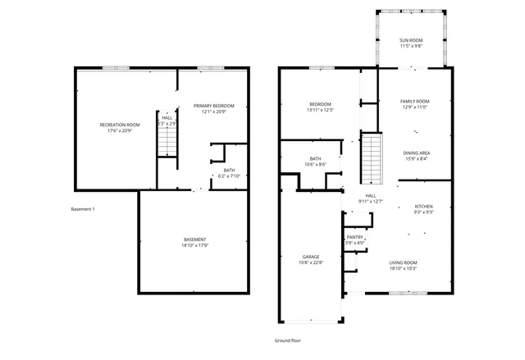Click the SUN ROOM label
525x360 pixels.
point(411,41)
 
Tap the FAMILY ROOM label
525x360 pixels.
point(415,102)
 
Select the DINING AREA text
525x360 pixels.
point(416,153)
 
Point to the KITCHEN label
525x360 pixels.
point(423,206)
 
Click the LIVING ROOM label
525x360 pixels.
point(403,262)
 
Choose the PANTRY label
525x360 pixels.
point(354,237)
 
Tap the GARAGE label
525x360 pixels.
point(310,257)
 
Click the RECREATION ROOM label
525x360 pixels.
point(120,125)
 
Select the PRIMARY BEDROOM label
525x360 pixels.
point(213,106)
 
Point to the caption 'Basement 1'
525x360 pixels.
point(83,209)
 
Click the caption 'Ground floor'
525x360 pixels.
point(288,339)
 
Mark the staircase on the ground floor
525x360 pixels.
point(372,158)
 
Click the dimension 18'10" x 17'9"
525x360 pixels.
point(194,246)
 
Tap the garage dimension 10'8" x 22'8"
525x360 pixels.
point(310,262)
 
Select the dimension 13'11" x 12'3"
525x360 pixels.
point(320,110)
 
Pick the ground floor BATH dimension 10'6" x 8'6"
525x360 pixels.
point(315,165)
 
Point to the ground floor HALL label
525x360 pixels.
point(371,195)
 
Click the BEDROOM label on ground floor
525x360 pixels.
point(320,104)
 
